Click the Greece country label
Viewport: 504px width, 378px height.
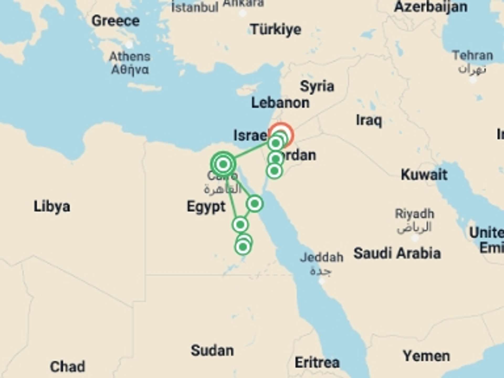point(115,21)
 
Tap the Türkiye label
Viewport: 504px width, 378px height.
point(276,29)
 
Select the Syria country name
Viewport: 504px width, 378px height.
point(317,86)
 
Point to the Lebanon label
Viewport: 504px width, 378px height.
point(280,103)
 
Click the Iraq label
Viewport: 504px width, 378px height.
point(369,120)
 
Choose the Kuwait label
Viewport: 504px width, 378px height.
point(424,175)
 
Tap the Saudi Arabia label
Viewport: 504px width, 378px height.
point(397,253)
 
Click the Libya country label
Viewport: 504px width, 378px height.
point(52,206)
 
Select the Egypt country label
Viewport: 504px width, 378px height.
point(206,207)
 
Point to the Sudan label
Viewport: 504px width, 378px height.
point(212,351)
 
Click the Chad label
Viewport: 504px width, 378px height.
point(67,366)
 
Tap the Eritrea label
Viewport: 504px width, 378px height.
point(317,363)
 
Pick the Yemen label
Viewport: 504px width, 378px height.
point(426,356)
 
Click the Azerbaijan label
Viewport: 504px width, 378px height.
point(430,7)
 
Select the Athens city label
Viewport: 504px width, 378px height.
point(130,57)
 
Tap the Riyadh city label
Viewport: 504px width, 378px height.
point(414,214)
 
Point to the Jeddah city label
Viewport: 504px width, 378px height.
point(322,258)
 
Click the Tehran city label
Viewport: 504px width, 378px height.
point(472,56)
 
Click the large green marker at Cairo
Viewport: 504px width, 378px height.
point(223,164)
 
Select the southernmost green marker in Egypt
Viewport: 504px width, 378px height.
point(243,247)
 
